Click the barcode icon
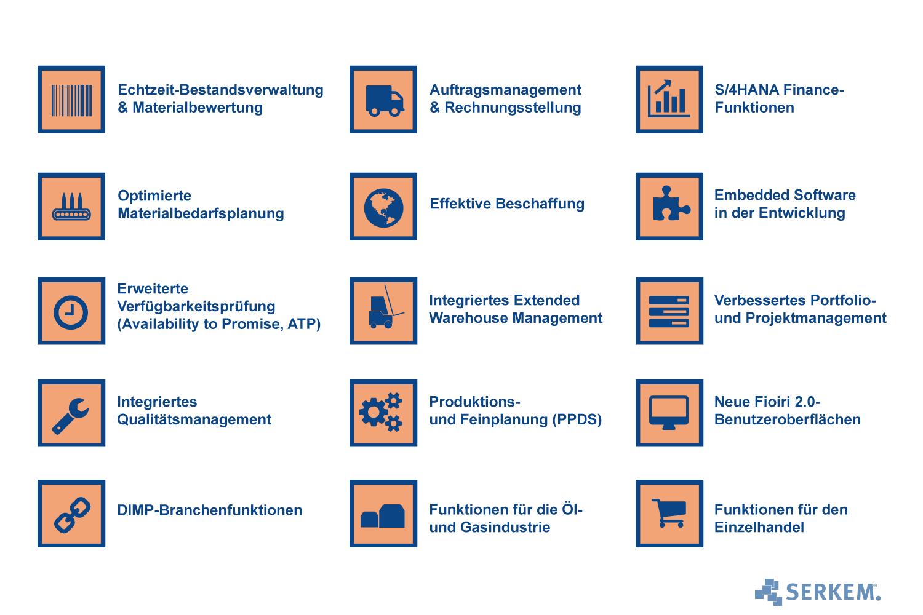click(x=71, y=100)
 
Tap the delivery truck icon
click(x=385, y=100)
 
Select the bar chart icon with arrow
click(x=668, y=98)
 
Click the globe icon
click(x=383, y=208)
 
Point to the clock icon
click(x=71, y=312)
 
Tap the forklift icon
click(x=386, y=307)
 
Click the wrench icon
click(x=71, y=416)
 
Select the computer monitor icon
click(x=669, y=412)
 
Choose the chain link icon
click(x=73, y=515)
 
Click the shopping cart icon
click(x=669, y=513)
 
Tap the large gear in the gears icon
click(x=374, y=412)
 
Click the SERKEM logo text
click(x=833, y=592)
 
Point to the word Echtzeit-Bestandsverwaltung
click(x=220, y=90)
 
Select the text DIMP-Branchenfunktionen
click(x=209, y=510)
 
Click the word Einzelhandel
click(x=759, y=527)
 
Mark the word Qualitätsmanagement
click(x=194, y=419)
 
